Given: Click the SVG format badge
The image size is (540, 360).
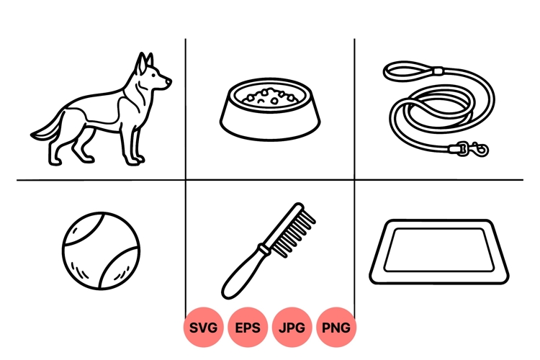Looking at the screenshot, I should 204,328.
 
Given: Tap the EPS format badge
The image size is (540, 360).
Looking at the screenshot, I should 248,328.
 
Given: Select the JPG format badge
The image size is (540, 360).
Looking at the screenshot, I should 292,328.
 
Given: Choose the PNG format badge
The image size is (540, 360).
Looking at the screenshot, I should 336,328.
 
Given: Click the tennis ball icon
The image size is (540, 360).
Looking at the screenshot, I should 101,249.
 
